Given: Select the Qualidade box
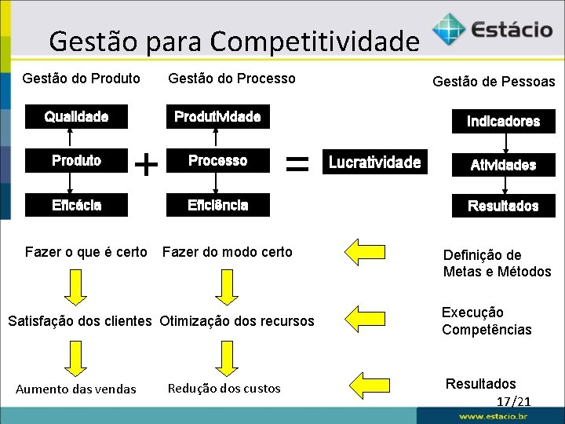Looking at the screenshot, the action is click(76, 117).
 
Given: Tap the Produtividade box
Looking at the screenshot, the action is click(217, 117).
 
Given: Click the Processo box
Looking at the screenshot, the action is click(217, 161).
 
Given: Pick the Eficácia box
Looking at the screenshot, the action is click(76, 205).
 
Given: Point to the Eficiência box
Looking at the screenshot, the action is click(217, 205).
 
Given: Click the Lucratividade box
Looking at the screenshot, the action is click(374, 163).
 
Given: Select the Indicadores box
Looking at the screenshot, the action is click(503, 121).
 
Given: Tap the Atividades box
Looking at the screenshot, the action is click(503, 165).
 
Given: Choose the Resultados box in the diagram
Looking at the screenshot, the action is click(503, 206).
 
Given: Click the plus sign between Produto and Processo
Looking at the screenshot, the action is click(146, 164).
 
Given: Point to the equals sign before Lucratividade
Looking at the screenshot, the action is click(295, 163).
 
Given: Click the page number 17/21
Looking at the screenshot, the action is click(514, 401).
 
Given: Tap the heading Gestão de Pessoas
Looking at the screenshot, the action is click(494, 82).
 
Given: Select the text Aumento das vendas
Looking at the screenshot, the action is click(76, 389).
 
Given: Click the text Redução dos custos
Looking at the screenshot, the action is click(224, 388).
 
